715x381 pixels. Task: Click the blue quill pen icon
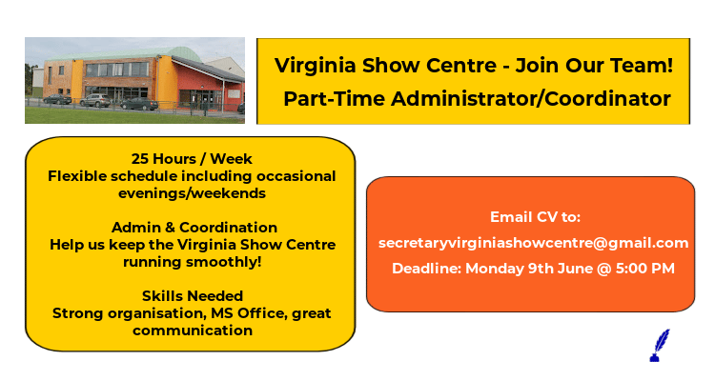click(659, 345)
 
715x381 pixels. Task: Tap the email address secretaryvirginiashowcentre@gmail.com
click(533, 243)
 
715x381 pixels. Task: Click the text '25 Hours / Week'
click(192, 158)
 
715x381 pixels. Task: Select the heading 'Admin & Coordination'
click(194, 228)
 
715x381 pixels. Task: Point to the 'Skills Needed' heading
click(192, 296)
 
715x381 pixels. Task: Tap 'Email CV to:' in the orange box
click(535, 217)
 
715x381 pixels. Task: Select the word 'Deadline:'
click(427, 269)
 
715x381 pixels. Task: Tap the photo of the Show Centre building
click(134, 81)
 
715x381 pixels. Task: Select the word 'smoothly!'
click(236, 262)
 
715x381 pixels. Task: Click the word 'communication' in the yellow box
click(193, 331)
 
